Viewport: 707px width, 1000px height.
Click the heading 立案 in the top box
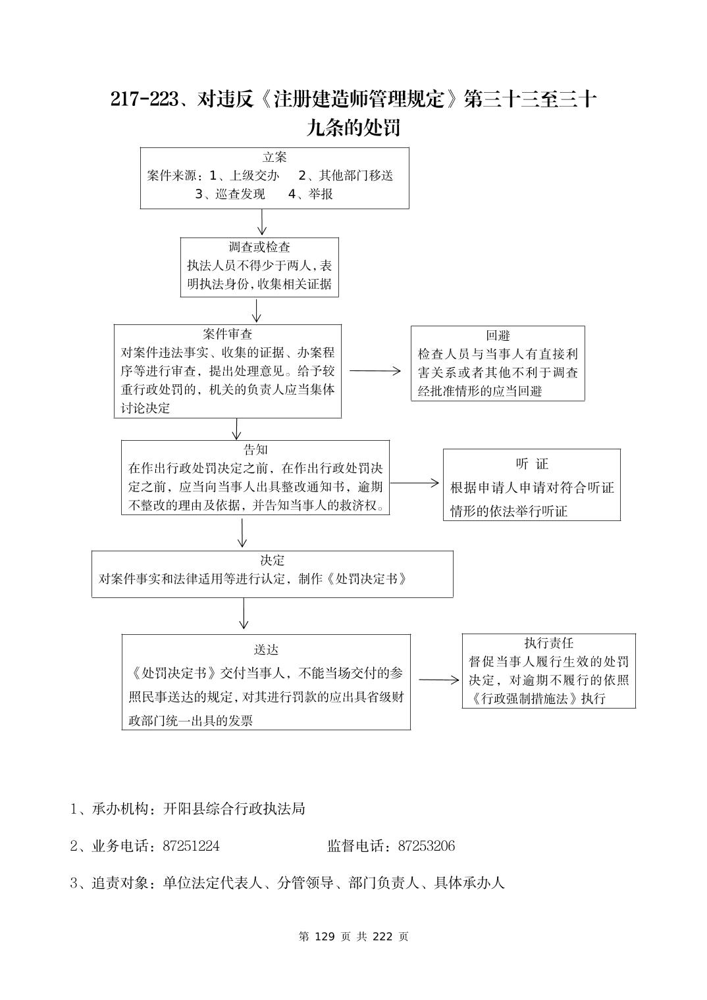pyautogui.click(x=275, y=157)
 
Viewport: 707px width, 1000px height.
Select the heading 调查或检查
pyautogui.click(x=259, y=247)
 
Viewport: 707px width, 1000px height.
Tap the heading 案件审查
pyautogui.click(x=228, y=334)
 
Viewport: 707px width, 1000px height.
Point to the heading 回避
pyautogui.click(x=498, y=336)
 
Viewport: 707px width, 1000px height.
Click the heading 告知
pyautogui.click(x=255, y=450)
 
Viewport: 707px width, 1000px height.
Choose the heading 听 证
pyautogui.click(x=532, y=464)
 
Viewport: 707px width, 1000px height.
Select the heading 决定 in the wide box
pyautogui.click(x=272, y=561)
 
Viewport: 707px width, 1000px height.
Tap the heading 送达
pyautogui.click(x=266, y=649)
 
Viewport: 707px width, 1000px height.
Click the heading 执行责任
pyautogui.click(x=548, y=643)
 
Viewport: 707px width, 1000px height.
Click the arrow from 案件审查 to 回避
pyautogui.click(x=375, y=371)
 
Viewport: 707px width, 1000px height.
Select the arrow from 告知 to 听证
pyautogui.click(x=414, y=483)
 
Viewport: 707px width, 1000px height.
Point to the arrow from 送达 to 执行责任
pyautogui.click(x=438, y=680)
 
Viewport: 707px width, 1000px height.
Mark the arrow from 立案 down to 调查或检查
pyautogui.click(x=262, y=222)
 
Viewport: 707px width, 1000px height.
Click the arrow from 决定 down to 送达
pyautogui.click(x=244, y=614)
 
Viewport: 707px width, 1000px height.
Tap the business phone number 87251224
pyautogui.click(x=191, y=846)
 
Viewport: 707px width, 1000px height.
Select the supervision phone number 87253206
pyautogui.click(x=426, y=846)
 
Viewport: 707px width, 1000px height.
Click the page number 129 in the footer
pyautogui.click(x=325, y=936)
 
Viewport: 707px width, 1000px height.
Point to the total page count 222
pyautogui.click(x=382, y=936)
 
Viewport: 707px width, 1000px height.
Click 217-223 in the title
pyautogui.click(x=145, y=99)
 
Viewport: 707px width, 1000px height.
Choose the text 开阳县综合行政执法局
pyautogui.click(x=234, y=809)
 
